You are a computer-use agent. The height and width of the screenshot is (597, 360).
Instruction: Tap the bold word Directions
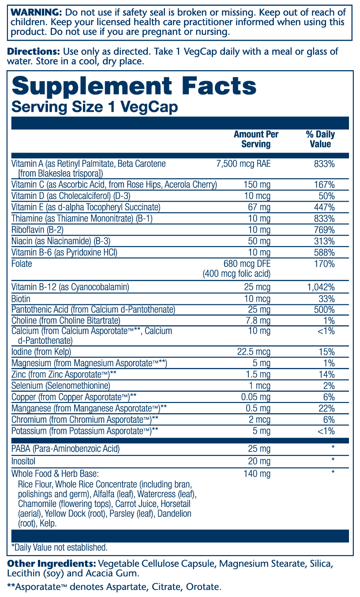(34, 51)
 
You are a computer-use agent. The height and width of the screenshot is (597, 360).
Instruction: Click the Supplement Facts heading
(134, 86)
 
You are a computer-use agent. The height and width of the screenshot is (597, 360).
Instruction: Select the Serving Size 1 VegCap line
(94, 107)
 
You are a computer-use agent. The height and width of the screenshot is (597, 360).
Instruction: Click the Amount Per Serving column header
(256, 139)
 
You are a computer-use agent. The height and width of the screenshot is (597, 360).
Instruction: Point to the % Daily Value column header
(320, 139)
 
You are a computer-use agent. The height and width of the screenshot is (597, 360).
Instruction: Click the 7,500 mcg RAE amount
(244, 164)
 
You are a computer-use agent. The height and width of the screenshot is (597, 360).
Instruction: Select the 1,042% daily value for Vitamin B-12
(321, 287)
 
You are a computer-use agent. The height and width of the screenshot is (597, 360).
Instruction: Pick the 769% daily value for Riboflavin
(326, 230)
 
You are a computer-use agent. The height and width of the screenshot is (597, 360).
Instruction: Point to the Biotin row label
(21, 299)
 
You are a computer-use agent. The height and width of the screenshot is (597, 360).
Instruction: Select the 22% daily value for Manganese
(327, 408)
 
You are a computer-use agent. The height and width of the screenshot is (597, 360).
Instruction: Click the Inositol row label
(23, 461)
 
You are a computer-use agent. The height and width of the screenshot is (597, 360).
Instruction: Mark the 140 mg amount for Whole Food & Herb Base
(257, 474)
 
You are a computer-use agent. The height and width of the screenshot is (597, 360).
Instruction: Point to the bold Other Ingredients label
(51, 564)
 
